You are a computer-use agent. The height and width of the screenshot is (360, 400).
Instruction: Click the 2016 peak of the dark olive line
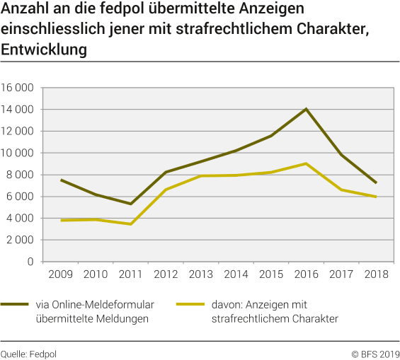306,109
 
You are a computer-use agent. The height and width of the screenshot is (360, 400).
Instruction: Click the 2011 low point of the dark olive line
130,204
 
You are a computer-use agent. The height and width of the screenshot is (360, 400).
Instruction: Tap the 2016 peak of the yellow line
306,163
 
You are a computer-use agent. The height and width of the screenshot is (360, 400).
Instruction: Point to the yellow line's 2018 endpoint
376,197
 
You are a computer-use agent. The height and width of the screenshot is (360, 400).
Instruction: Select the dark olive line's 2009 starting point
61,180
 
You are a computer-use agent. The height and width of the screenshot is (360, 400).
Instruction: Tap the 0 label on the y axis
31,262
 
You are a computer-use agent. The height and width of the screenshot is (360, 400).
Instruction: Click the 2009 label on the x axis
61,274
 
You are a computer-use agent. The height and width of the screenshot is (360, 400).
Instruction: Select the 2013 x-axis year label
200,274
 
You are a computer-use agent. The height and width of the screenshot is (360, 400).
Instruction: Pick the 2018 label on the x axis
375,274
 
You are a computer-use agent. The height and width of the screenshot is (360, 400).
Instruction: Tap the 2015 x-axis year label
270,274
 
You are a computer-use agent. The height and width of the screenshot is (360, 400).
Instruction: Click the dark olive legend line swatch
15,305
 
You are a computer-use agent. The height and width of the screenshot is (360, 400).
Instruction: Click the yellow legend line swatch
190,305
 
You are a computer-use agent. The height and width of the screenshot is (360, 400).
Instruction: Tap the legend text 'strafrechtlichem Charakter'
274,319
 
